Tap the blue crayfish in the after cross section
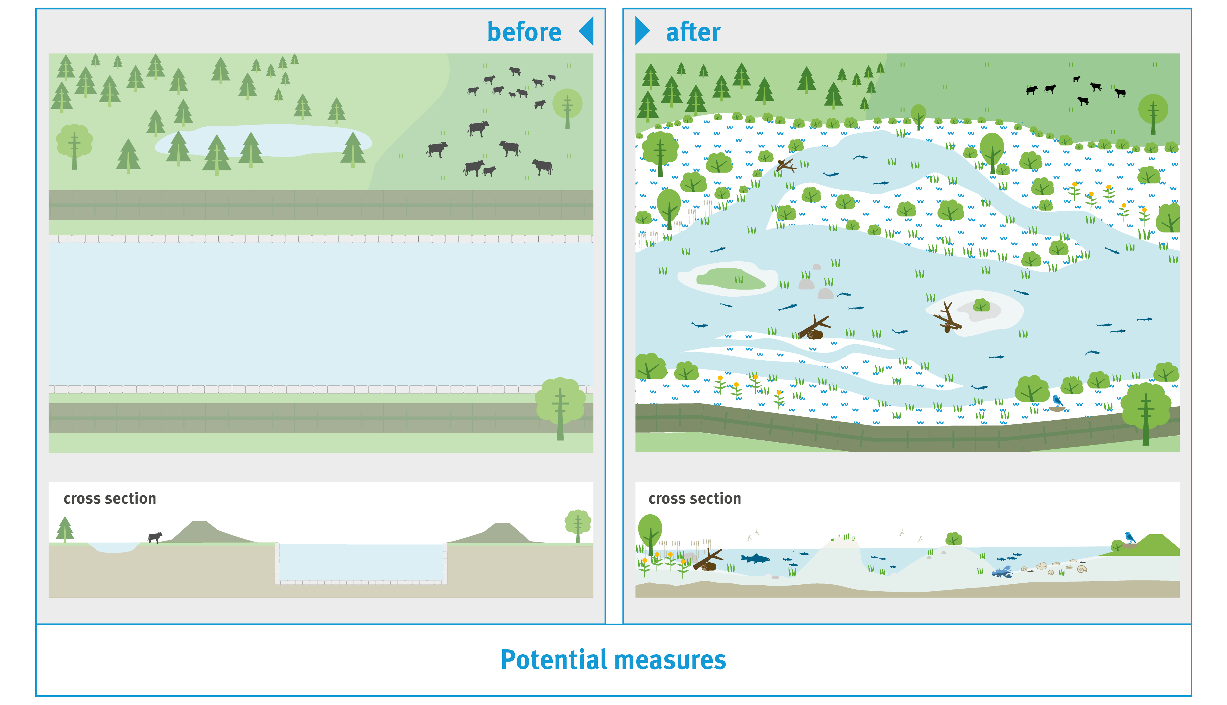tap(1002, 572)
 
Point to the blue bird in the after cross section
tap(1130, 538)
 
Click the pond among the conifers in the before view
tap(264, 140)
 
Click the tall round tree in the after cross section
tap(650, 534)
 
